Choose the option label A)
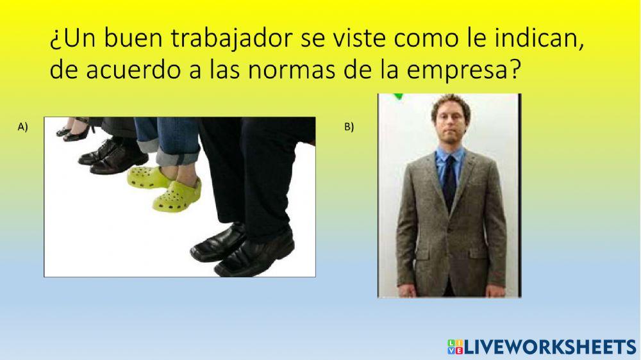[24, 127]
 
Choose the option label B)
[349, 127]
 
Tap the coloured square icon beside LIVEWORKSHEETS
[454, 347]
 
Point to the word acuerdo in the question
[130, 70]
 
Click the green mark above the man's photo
[399, 96]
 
